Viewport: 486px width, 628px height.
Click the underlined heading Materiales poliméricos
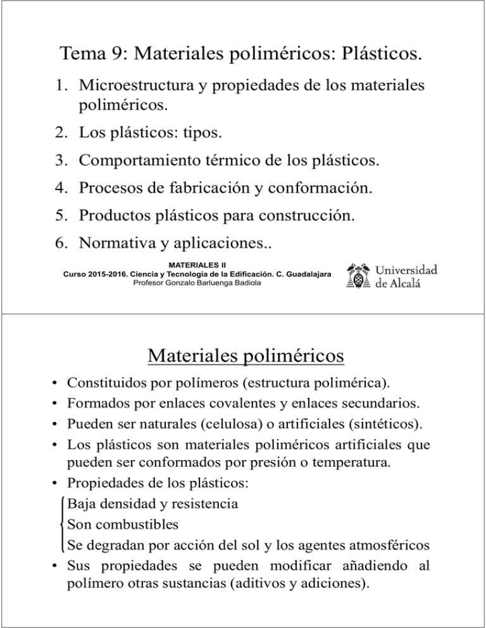coord(245,358)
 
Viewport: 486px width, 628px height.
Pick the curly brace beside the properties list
coord(62,522)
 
